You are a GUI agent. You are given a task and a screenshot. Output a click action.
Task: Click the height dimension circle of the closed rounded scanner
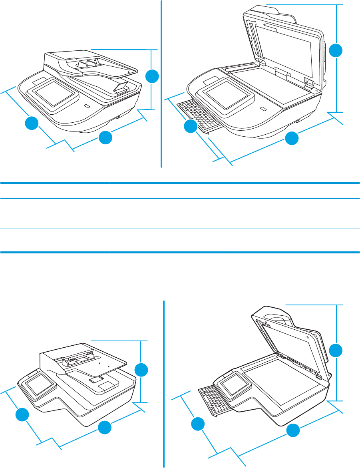pyautogui.click(x=152, y=76)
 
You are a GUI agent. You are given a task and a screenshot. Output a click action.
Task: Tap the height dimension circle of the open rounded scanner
pyautogui.click(x=336, y=51)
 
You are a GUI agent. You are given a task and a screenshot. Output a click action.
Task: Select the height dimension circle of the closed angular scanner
pyautogui.click(x=141, y=370)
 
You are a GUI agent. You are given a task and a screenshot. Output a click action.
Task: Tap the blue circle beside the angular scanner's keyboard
pyautogui.click(x=197, y=424)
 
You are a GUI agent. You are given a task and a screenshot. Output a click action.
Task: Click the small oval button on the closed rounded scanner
pyautogui.click(x=87, y=106)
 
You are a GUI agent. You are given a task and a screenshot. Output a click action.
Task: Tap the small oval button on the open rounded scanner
pyautogui.click(x=263, y=109)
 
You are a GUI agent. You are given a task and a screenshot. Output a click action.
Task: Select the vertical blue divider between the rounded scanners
pyautogui.click(x=161, y=84)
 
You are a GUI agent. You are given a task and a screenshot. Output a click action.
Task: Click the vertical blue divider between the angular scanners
pyautogui.click(x=164, y=384)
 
